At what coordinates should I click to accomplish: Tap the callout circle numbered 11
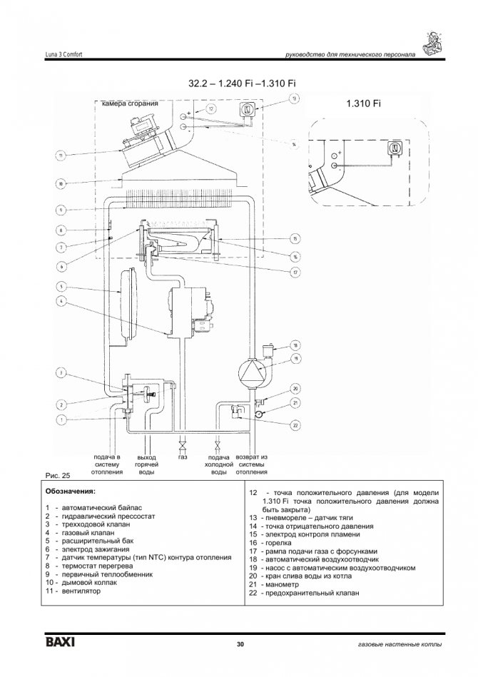(x=61, y=155)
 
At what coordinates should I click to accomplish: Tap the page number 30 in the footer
(x=240, y=645)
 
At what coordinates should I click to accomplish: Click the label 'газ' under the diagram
(x=183, y=457)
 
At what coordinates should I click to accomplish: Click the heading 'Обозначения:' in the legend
(x=70, y=492)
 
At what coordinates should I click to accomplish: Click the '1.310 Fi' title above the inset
(x=363, y=104)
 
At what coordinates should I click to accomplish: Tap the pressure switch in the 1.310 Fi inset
(x=392, y=148)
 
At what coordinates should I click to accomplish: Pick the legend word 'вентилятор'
(x=81, y=591)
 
